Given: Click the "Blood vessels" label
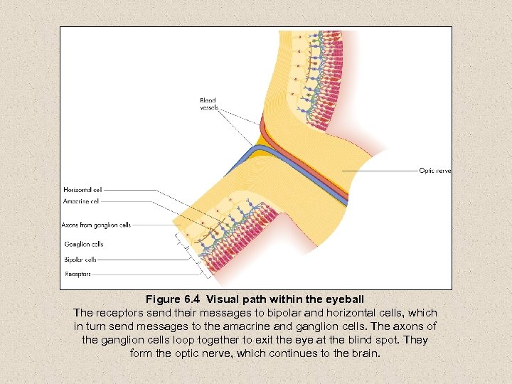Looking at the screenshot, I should point(208,105).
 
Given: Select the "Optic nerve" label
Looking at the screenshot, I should point(435,171).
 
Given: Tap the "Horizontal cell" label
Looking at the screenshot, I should point(82,190).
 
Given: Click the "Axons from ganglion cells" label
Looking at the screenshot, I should point(96,225).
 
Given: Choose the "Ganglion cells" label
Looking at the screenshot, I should point(84,244).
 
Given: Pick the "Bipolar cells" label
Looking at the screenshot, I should point(80,260).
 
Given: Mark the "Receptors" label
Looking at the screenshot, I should point(78,274).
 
